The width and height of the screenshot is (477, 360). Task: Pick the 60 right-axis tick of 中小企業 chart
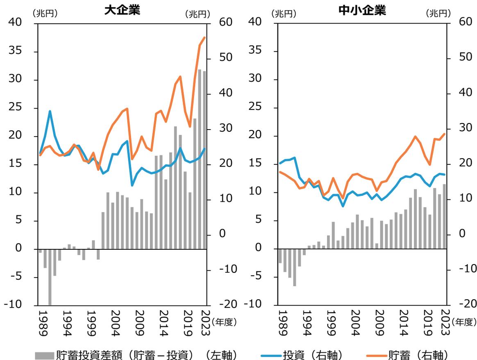click(x=464, y=22)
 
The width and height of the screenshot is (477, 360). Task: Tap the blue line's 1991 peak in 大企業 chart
click(x=50, y=111)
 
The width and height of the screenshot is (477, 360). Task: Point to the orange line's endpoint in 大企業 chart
click(x=204, y=38)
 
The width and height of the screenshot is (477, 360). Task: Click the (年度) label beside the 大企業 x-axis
click(x=224, y=322)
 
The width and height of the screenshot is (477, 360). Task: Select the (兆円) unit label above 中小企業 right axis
click(x=438, y=14)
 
